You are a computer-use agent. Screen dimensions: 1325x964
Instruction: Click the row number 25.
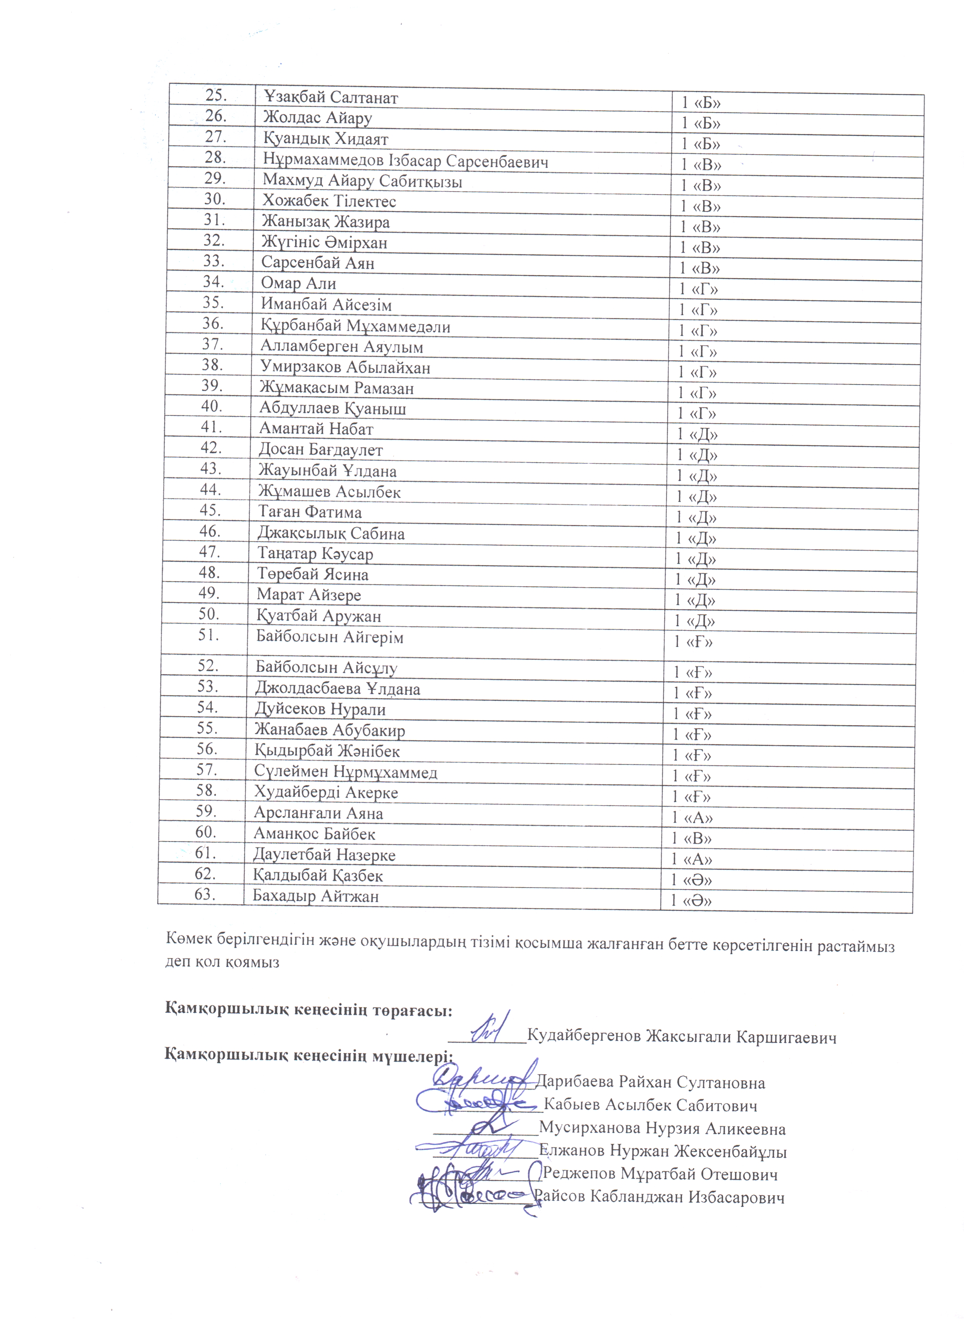tap(216, 95)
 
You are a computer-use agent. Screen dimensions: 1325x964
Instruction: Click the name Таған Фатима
tap(310, 512)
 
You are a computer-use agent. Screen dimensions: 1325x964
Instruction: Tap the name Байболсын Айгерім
tap(330, 637)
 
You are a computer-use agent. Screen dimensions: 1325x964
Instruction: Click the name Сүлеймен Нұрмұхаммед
tap(346, 772)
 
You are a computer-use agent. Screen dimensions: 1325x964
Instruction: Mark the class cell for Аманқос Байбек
tap(691, 839)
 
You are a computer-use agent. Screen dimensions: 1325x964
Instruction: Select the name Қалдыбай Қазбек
tap(318, 876)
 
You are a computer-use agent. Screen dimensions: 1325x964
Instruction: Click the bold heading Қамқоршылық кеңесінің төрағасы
tap(308, 1011)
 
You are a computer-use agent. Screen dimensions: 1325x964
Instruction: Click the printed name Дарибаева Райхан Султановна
tap(650, 1083)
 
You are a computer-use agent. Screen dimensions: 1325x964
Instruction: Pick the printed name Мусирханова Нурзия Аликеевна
tap(662, 1129)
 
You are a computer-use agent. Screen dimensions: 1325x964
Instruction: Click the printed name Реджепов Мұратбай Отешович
tap(660, 1174)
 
